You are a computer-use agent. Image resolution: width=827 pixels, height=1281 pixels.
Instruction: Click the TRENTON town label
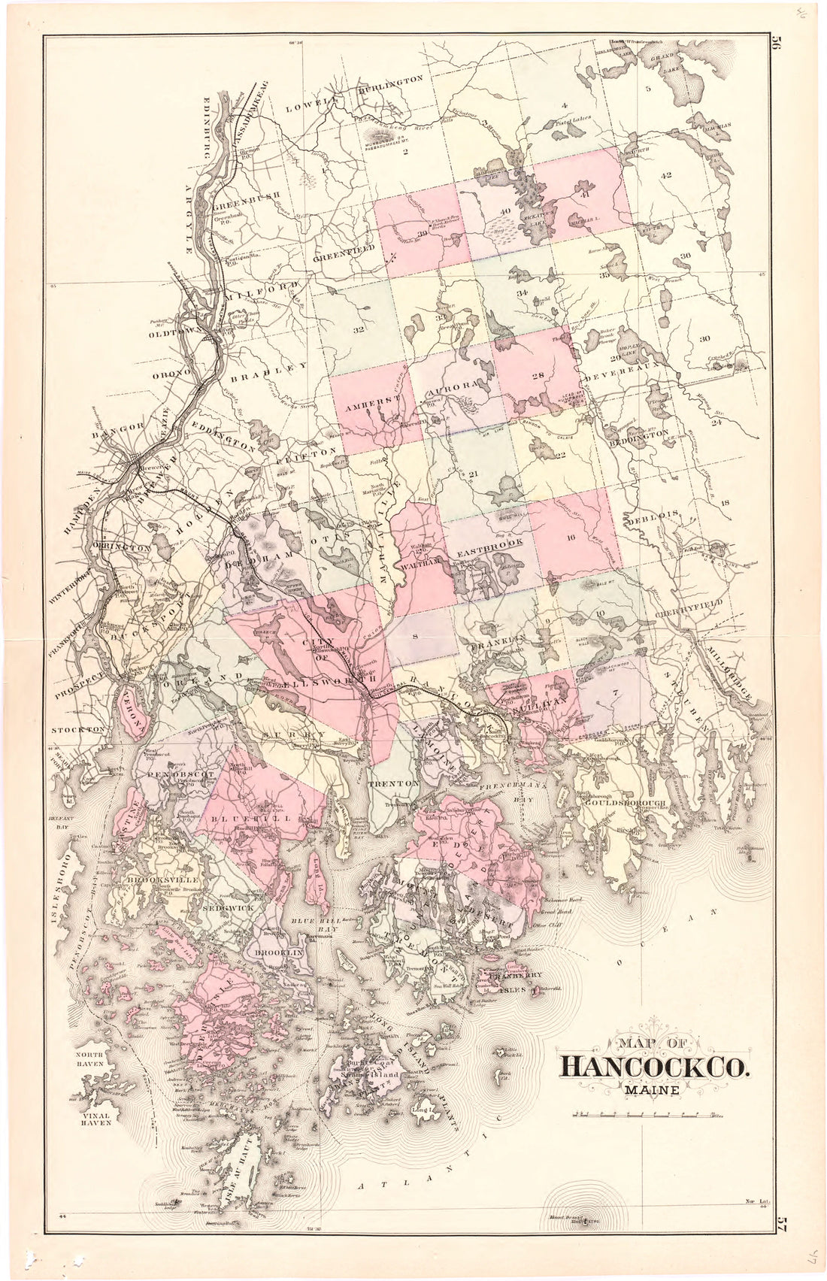393,783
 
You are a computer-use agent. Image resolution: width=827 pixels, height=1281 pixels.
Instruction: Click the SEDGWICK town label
226,907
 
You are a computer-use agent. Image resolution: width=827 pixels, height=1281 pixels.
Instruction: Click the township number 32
359,329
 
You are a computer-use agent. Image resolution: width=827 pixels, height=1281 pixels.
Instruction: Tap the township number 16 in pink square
571,537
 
